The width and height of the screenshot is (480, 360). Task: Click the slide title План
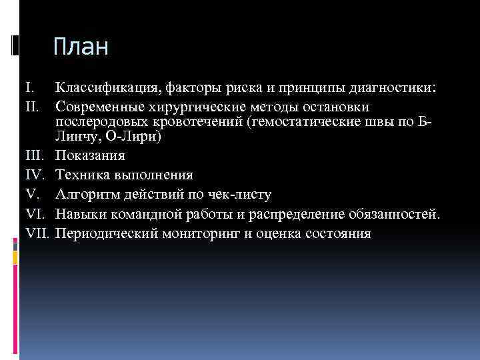[x=81, y=47]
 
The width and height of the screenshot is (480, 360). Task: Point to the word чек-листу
[x=236, y=195]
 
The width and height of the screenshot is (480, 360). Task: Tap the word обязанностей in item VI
[x=393, y=214]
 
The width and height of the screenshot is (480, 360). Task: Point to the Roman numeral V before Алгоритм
[x=30, y=195]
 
